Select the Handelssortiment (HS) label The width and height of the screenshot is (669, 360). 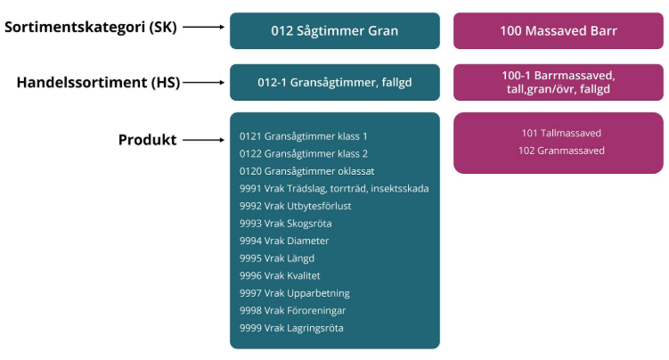pyautogui.click(x=98, y=83)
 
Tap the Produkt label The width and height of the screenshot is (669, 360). pyautogui.click(x=148, y=140)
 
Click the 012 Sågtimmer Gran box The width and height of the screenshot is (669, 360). pyautogui.click(x=334, y=30)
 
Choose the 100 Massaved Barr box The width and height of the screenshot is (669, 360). pyautogui.click(x=559, y=30)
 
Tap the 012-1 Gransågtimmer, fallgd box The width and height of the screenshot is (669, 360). pyautogui.click(x=334, y=83)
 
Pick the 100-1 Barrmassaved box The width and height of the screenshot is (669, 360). pyautogui.click(x=559, y=83)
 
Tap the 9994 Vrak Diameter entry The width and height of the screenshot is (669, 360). pyautogui.click(x=284, y=241)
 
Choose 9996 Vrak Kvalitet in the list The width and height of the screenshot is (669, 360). pyautogui.click(x=280, y=275)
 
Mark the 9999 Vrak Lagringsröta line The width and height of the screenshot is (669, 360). pyautogui.click(x=291, y=328)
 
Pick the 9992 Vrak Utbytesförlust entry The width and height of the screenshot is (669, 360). pyautogui.click(x=295, y=206)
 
